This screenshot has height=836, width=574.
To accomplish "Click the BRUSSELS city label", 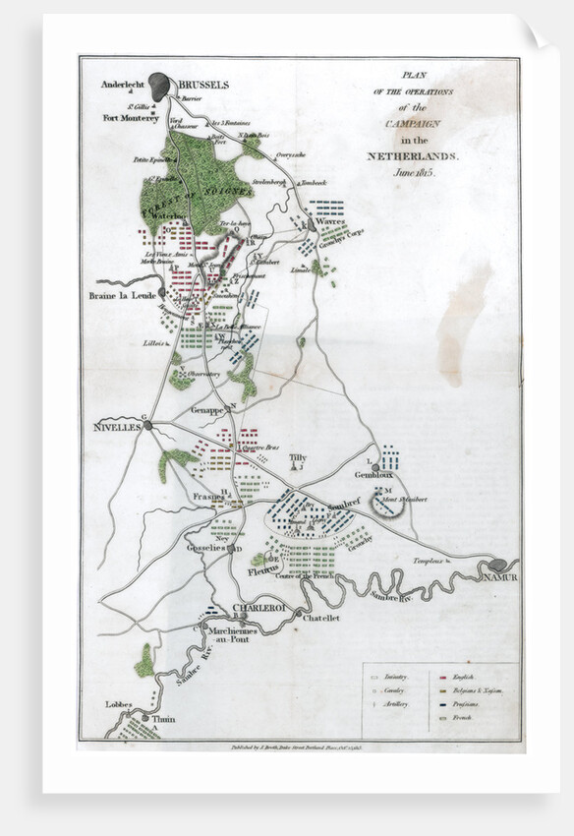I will [x=204, y=85].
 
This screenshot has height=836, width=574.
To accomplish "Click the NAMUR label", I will [x=500, y=577].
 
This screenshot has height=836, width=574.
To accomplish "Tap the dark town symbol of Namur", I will [x=498, y=565].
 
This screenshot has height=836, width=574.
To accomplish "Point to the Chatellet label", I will [x=320, y=618].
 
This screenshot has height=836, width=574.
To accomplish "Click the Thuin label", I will [x=163, y=719].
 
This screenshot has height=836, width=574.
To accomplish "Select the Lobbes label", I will [x=119, y=704].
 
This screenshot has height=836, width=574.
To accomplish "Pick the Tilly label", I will [x=298, y=458].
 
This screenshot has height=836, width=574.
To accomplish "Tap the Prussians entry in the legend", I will [x=474, y=708].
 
